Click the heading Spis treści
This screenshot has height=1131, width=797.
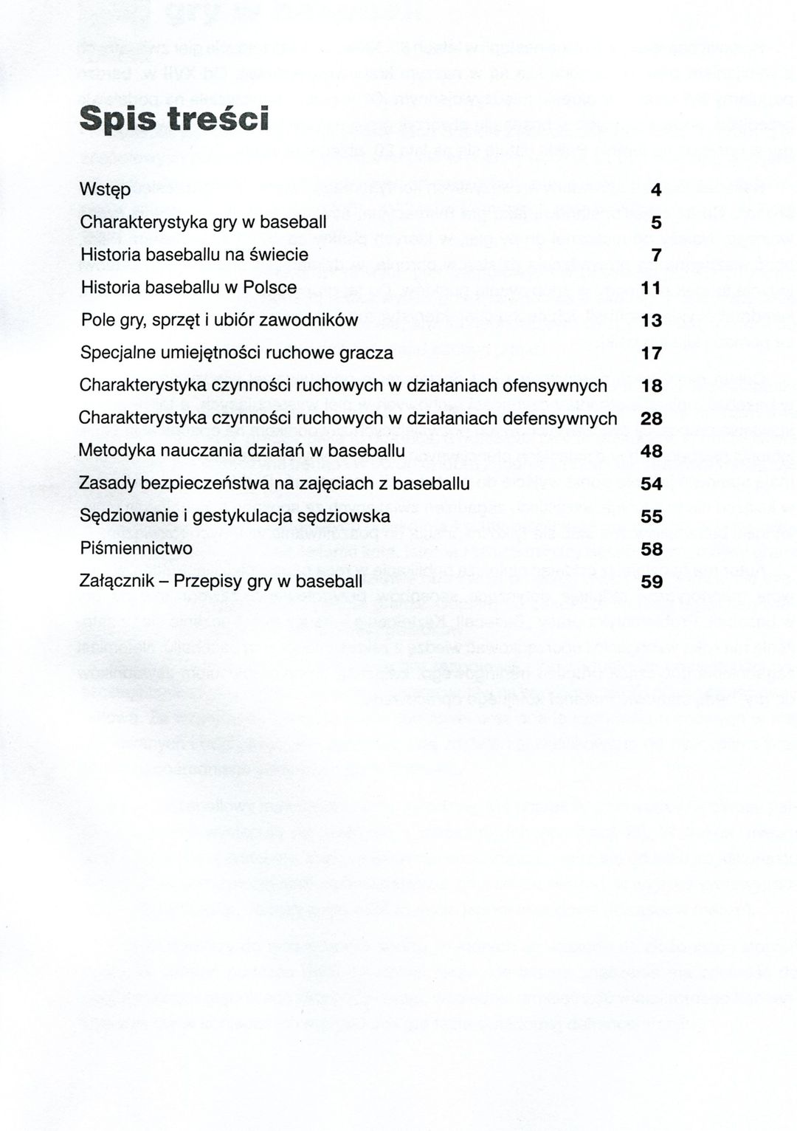173,119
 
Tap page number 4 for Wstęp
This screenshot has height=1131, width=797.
656,190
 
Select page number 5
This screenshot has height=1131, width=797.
656,222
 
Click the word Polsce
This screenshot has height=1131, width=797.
272,287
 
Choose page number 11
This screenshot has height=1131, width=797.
652,288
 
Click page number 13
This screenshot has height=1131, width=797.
652,320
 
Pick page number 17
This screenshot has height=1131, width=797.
652,353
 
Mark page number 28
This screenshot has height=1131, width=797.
652,419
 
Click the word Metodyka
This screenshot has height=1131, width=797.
111,450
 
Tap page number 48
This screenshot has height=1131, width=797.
652,451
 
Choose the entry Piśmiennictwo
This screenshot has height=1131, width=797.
136,549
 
